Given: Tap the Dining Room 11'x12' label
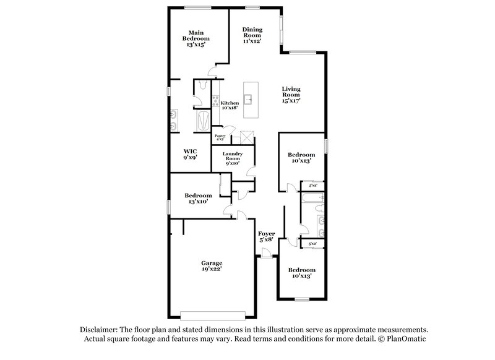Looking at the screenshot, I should (252, 34).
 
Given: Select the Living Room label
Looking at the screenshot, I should (291, 95).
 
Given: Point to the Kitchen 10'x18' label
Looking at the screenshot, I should (230, 105).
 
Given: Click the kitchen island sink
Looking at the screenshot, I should (249, 98).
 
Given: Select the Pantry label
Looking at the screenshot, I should (220, 137).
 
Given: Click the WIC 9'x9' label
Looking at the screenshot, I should (190, 154).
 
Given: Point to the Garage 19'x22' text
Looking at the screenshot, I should (212, 266).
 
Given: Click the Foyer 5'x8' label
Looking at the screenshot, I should (267, 236).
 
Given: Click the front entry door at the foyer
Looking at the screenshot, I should (266, 253).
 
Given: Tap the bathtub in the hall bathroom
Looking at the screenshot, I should (311, 199).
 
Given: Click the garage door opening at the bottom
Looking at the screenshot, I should (214, 314).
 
